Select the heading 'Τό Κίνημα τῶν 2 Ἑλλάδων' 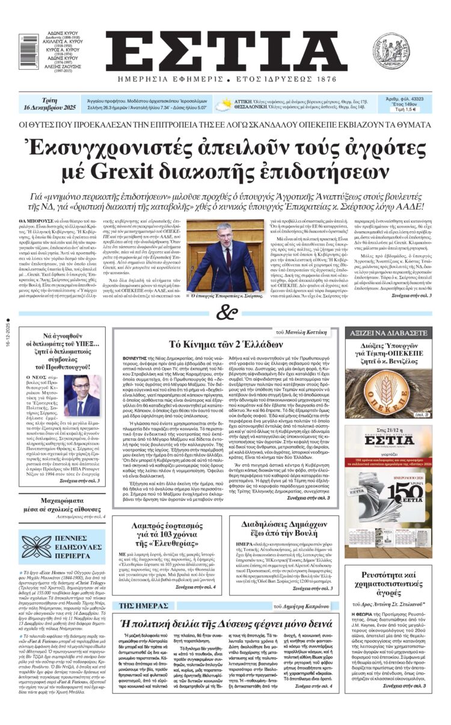pyautogui.click(x=226, y=344)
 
